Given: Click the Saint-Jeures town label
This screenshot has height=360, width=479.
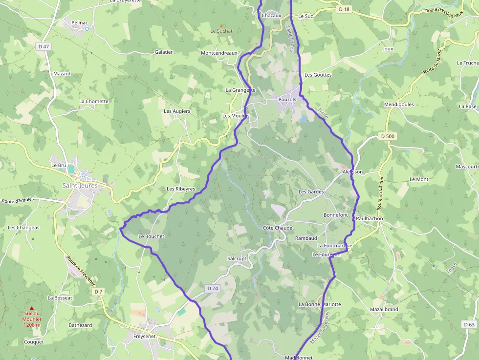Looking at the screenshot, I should [80, 185].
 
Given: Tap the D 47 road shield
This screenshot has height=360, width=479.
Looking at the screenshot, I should [44, 46].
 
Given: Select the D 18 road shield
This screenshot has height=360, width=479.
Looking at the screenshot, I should [344, 9].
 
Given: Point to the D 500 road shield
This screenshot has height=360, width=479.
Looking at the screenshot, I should [387, 136].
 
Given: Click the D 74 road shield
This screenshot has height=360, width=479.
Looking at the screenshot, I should [213, 288].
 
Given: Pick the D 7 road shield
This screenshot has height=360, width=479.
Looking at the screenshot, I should [98, 292].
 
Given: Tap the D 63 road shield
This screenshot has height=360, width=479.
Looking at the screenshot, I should [468, 324].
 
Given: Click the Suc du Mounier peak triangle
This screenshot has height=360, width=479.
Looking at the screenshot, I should [32, 308].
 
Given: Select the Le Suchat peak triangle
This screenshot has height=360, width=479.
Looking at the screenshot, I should [221, 25].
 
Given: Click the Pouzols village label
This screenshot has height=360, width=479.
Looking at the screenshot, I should [287, 100].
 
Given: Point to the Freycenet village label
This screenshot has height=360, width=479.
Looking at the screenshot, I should [145, 337].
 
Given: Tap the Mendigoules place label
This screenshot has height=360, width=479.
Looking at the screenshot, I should [399, 105].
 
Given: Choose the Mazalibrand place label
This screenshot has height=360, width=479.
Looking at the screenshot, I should [384, 310].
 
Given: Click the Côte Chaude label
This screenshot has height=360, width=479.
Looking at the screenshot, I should [278, 228].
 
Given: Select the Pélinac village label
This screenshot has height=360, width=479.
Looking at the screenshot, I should [80, 22].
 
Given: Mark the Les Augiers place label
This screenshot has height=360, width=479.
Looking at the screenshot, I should [177, 111].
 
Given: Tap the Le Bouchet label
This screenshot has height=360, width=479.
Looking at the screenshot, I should [152, 236].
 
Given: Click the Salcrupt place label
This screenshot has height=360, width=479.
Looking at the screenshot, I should [237, 258].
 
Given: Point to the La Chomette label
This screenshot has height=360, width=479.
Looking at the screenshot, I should [94, 102].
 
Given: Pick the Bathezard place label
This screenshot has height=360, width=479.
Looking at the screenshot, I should [80, 325].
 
